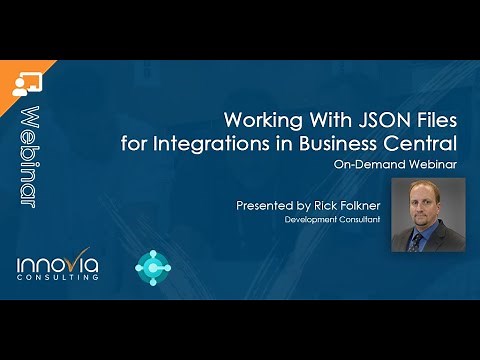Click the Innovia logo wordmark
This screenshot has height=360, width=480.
click(58, 263)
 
